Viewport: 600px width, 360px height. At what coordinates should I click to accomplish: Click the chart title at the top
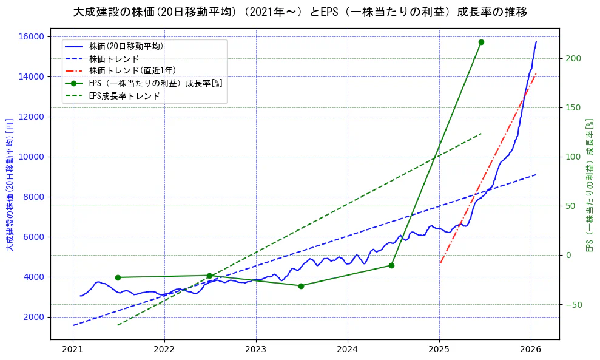300,12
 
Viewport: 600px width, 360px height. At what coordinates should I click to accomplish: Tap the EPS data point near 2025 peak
481,42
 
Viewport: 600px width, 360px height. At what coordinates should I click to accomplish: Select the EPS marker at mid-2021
118,277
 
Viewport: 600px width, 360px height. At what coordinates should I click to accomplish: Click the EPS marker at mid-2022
209,276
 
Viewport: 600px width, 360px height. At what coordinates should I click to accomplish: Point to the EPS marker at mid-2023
301,286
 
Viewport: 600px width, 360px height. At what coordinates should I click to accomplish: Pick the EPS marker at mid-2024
391,265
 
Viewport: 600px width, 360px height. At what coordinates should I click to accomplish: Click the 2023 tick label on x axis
256,350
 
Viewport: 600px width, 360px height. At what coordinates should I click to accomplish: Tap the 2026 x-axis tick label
531,350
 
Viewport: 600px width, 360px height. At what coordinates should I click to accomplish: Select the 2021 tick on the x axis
73,350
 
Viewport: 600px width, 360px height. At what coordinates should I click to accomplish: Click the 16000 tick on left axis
32,36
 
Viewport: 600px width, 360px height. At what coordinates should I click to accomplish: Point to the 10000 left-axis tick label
32,157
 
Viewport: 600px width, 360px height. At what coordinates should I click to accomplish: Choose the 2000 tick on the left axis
34,317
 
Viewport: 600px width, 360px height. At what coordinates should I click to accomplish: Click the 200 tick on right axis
573,58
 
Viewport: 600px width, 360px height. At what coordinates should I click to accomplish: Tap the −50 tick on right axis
573,304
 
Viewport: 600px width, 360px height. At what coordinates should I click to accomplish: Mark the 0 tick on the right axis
569,255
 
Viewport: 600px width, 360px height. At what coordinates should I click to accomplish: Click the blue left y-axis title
10,185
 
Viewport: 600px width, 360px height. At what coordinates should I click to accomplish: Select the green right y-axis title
588,185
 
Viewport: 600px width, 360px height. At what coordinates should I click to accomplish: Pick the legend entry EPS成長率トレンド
124,96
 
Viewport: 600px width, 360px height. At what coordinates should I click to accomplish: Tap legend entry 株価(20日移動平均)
126,46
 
